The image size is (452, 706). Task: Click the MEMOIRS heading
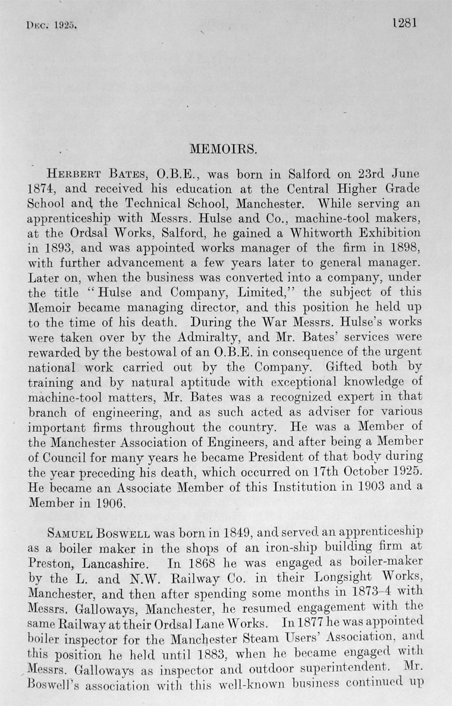(x=225, y=146)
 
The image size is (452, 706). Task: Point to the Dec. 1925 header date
(x=53, y=26)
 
